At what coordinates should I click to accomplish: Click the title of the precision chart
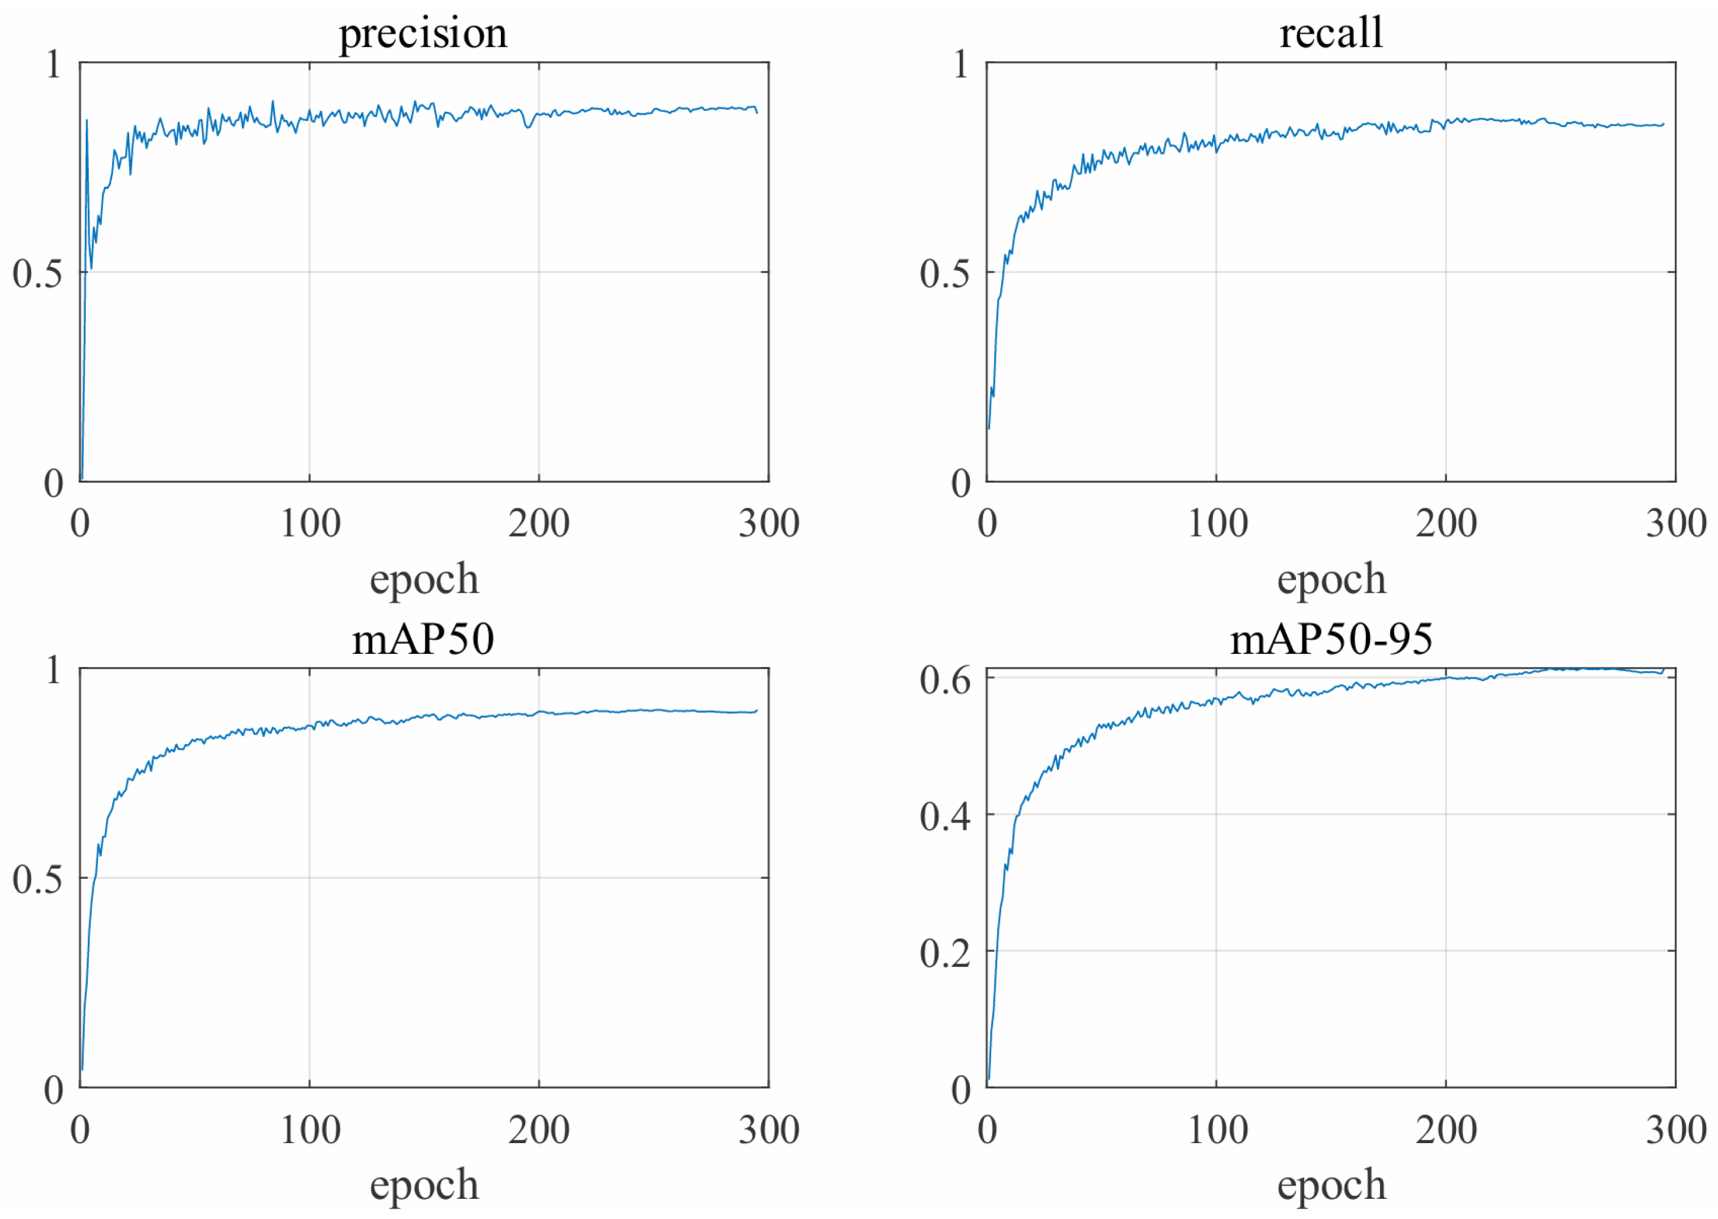pos(423,34)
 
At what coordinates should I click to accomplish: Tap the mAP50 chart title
pos(423,640)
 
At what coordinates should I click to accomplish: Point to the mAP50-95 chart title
pos(1331,640)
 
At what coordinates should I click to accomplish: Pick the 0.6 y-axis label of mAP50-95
pos(944,680)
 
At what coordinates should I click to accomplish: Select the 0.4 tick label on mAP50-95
pos(944,816)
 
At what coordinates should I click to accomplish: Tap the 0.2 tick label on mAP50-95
pos(944,953)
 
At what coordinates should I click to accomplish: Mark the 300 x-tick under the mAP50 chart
pos(768,1129)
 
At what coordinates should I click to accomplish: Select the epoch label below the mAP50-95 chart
pos(1331,1186)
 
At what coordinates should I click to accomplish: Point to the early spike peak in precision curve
pos(87,120)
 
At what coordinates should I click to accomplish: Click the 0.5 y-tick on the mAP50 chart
pos(37,879)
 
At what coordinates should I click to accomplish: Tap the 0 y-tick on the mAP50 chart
pos(53,1090)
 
